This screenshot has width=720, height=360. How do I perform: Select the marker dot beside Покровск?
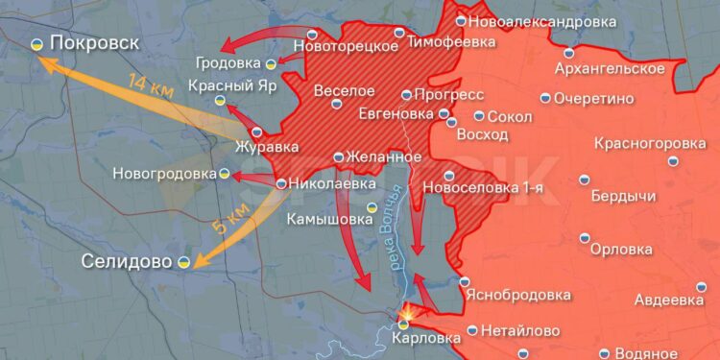(x=36, y=44)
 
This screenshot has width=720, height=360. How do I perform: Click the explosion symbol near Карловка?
(x=408, y=312)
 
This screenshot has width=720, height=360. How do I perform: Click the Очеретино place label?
(x=600, y=98)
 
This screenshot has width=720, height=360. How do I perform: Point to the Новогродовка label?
(x=164, y=174)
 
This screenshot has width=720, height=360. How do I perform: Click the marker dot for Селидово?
(x=181, y=260)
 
